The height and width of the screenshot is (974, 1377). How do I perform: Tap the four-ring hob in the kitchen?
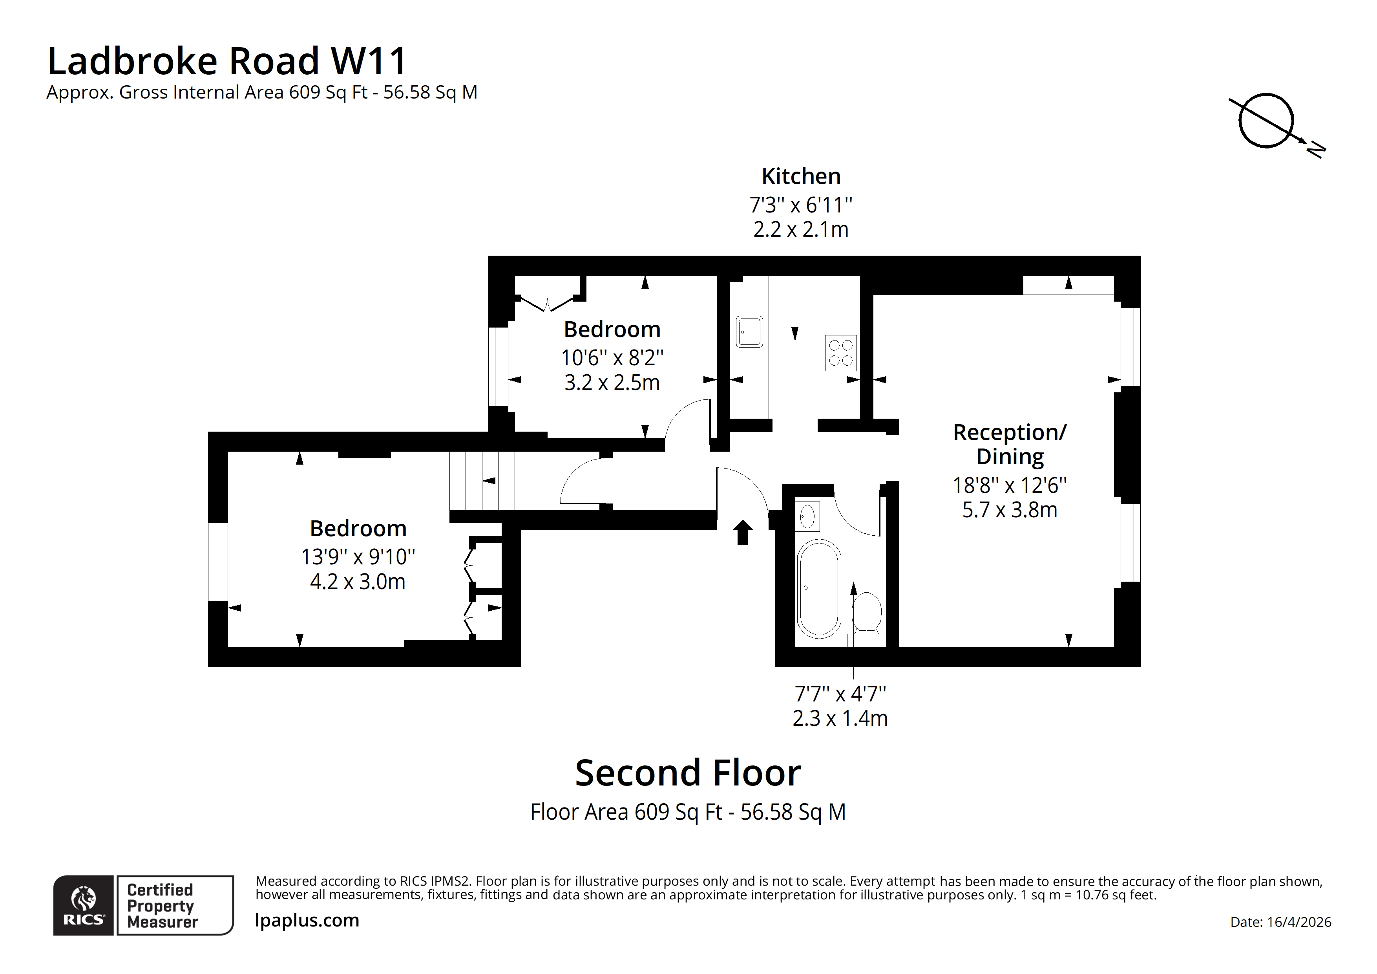coord(840,353)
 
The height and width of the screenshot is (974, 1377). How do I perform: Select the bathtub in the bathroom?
coord(819,588)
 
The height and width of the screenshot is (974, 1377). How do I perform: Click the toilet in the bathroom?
coord(867,612)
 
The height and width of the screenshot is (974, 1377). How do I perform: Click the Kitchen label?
coord(801,176)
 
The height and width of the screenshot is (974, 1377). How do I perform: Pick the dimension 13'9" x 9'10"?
coord(358,557)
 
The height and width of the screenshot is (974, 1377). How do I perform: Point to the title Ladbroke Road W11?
coord(227,61)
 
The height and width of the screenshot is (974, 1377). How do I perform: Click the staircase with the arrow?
coord(483,480)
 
